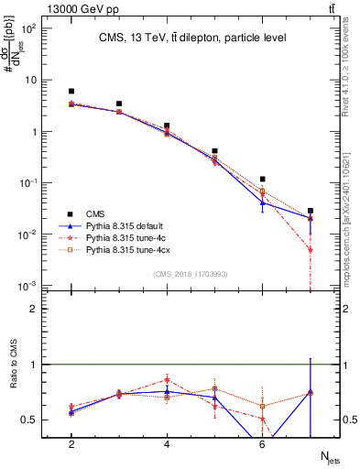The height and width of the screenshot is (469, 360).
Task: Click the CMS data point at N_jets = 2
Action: (71, 92)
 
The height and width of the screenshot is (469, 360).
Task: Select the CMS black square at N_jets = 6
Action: (262, 180)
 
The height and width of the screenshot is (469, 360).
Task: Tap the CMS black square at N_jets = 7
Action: (311, 211)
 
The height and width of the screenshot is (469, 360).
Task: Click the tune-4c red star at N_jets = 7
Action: (311, 249)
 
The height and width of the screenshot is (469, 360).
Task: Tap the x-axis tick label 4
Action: (167, 444)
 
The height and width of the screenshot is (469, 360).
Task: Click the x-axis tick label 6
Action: (262, 444)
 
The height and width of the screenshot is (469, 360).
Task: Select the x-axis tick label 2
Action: (71, 444)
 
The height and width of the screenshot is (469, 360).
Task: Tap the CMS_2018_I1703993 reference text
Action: (191, 274)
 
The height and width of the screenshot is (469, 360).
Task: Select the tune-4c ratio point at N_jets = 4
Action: (167, 379)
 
